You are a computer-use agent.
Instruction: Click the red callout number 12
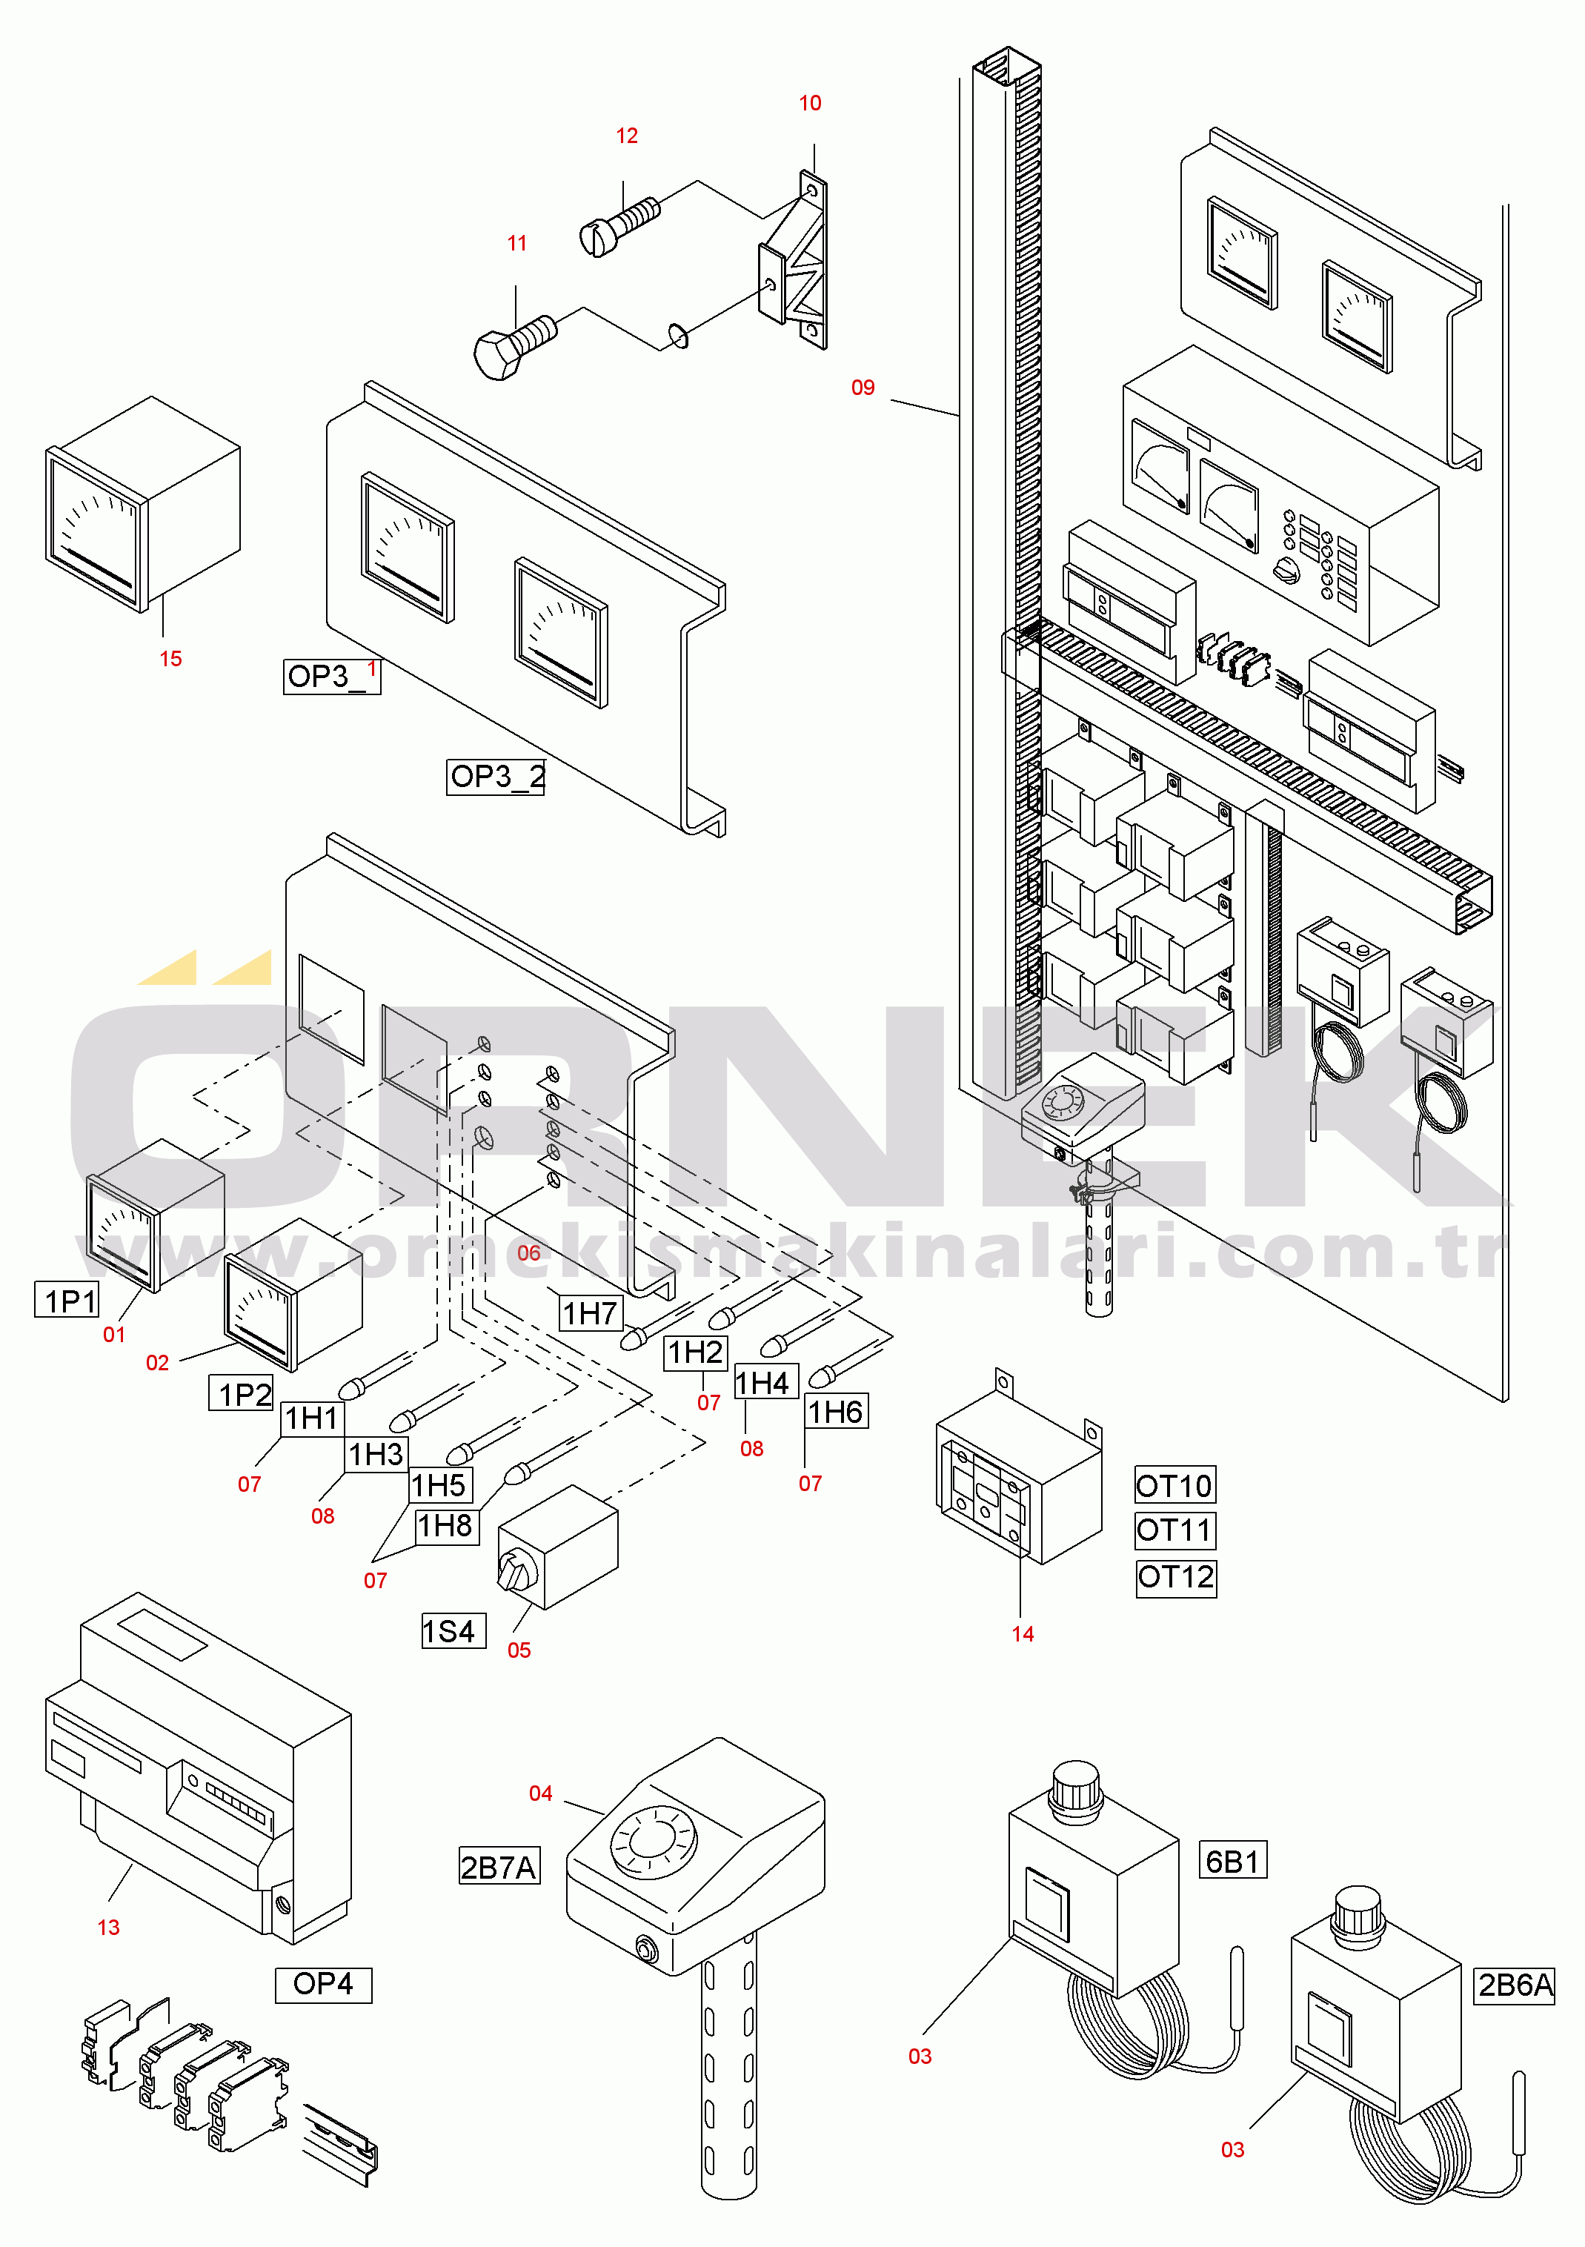click(x=626, y=136)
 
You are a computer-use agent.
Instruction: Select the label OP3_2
click(x=495, y=777)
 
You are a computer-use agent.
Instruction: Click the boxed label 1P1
click(x=67, y=1300)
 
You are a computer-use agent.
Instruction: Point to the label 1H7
click(x=590, y=1312)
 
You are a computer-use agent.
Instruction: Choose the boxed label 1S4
click(x=453, y=1631)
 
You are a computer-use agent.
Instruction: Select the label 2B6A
click(x=1515, y=1985)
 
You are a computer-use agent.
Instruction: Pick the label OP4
click(x=323, y=1985)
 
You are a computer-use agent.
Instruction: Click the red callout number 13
click(x=109, y=1927)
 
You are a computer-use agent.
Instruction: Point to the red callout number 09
click(x=862, y=388)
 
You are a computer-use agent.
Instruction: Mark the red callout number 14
click(x=1023, y=1633)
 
